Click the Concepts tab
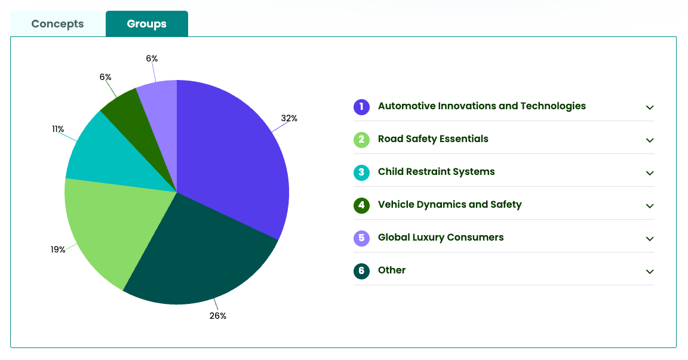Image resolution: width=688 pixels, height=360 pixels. (57, 24)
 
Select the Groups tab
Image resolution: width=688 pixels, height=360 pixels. (146, 24)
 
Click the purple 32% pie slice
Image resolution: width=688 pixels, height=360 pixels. (233, 155)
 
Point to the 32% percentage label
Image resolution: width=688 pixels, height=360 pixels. (289, 118)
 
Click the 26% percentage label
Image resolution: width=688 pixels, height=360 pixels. (218, 316)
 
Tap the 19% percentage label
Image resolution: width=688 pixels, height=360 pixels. (58, 250)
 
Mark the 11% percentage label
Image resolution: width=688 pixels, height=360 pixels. (58, 129)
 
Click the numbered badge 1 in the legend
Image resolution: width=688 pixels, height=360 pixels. (361, 107)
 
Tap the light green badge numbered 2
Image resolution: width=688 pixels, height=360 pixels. (361, 140)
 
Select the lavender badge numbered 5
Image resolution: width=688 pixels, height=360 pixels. (361, 238)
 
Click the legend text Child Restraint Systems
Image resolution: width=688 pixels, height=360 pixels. (436, 172)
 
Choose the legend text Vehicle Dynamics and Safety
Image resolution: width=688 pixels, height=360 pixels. (450, 205)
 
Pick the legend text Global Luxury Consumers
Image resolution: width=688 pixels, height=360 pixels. (441, 238)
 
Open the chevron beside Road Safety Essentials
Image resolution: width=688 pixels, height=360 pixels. (650, 140)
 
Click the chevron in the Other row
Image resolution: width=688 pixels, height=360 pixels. (650, 272)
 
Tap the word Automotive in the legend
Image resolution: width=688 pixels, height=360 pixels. (407, 106)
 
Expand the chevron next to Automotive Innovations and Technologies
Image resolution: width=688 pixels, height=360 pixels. (650, 107)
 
